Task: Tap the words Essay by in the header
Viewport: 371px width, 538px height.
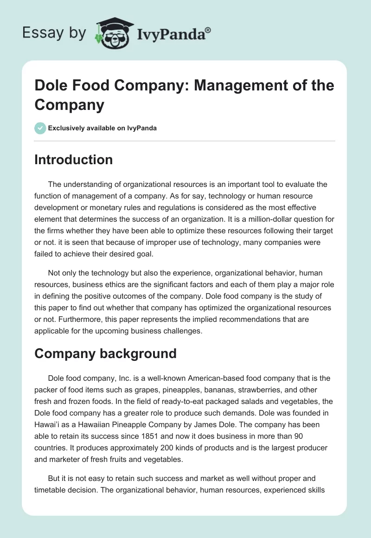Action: tap(54, 33)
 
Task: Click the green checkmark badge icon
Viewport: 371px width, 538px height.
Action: tap(40, 128)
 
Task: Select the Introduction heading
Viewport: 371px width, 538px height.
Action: tap(73, 160)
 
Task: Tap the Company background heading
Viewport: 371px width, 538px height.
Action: tap(105, 353)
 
